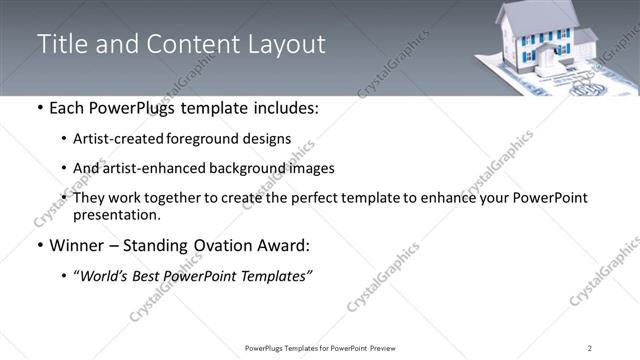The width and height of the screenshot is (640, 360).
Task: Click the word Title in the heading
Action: (62, 44)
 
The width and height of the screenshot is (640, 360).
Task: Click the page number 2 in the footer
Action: (590, 347)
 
